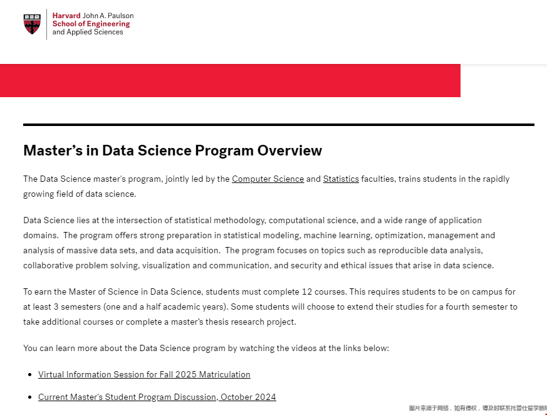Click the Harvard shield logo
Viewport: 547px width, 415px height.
click(x=31, y=24)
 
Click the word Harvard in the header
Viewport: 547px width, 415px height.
click(x=66, y=16)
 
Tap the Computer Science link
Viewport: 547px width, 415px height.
click(x=268, y=179)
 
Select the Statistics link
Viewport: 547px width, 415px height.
click(x=341, y=179)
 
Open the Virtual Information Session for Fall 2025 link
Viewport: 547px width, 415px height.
click(x=144, y=375)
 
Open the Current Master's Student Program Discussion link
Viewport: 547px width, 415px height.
click(x=157, y=397)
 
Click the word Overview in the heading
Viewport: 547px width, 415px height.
click(x=290, y=150)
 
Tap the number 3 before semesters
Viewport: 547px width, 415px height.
click(x=52, y=307)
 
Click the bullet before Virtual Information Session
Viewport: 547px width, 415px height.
click(x=29, y=375)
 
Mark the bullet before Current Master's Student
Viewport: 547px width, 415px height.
click(x=29, y=397)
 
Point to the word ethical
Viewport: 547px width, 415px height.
click(x=357, y=266)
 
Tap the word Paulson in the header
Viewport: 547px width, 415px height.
click(x=119, y=16)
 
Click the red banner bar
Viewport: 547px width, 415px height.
click(x=230, y=80)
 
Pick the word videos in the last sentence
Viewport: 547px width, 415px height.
click(x=300, y=348)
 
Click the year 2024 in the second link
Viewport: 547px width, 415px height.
click(x=266, y=397)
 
